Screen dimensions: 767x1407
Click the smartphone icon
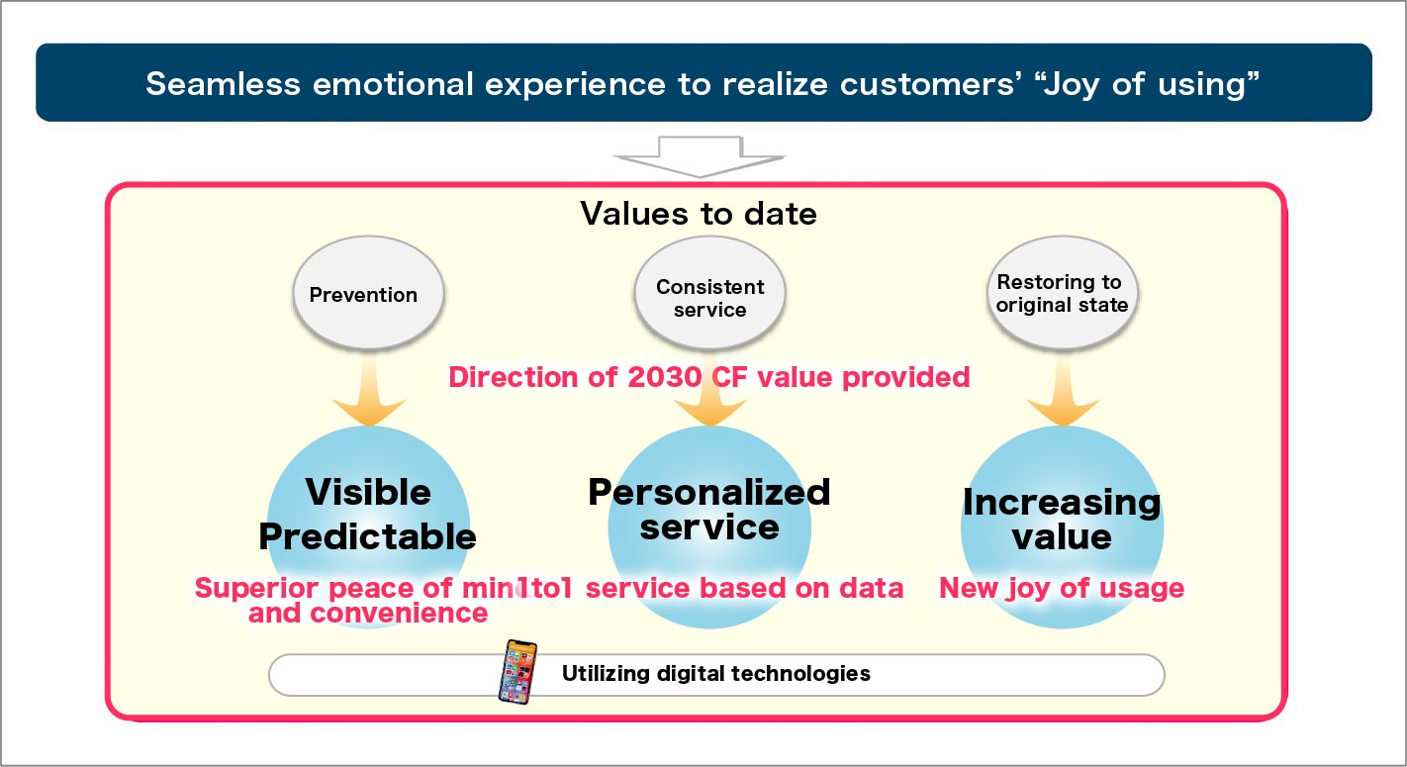point(517,672)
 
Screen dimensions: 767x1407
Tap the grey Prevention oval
point(363,295)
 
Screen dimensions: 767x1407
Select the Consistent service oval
point(709,298)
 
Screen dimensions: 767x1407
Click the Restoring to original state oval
point(1062,294)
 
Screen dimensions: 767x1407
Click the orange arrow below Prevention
point(369,396)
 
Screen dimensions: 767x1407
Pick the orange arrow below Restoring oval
point(1063,396)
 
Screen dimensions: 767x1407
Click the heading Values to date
point(699,213)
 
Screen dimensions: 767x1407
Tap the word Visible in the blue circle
point(367,492)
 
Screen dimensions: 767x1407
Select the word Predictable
point(367,536)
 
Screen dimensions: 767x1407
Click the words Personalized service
point(708,509)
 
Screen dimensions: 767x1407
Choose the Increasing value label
point(1062,519)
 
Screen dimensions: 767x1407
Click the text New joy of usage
point(1061,588)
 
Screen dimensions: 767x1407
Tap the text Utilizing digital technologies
point(715,674)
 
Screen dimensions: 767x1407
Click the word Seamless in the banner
point(223,83)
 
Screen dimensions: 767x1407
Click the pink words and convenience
point(367,614)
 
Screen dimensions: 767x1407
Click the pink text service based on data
point(744,588)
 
